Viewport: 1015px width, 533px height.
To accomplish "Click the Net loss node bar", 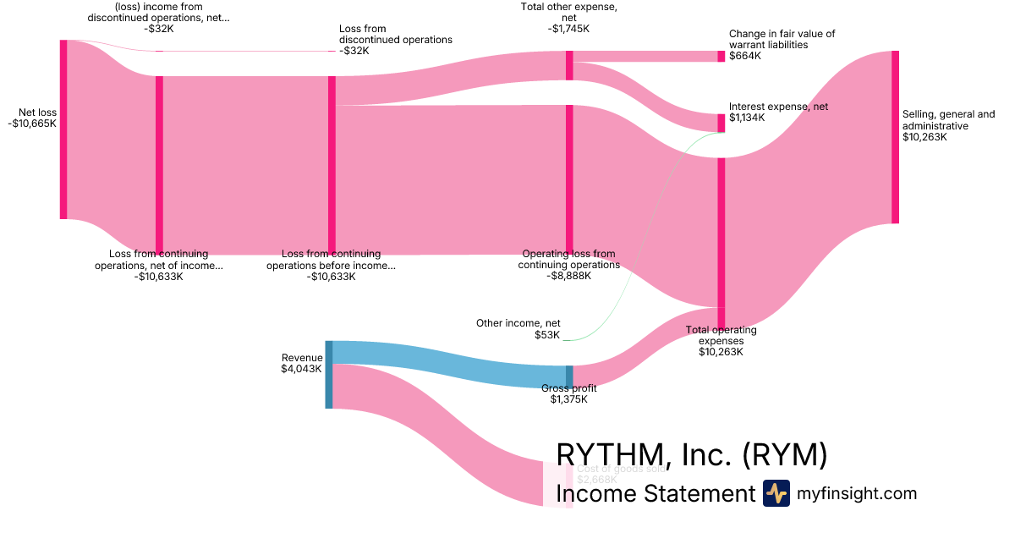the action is click(x=63, y=129).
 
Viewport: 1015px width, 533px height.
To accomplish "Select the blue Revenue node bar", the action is click(x=329, y=374).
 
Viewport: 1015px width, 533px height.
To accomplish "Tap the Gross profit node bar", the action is click(x=569, y=376).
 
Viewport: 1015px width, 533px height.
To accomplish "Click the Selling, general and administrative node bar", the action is click(x=895, y=137).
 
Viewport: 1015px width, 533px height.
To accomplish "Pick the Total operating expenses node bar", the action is click(x=721, y=232).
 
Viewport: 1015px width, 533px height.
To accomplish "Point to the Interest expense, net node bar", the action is click(x=721, y=123).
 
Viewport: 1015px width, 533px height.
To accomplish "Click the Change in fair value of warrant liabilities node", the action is click(x=721, y=57).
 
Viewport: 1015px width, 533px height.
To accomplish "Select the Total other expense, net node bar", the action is click(x=569, y=65).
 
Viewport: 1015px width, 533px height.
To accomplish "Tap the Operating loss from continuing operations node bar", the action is click(x=569, y=179).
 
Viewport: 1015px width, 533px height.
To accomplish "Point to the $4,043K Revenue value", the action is click(x=302, y=369).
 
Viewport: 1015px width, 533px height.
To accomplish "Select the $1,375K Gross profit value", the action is click(x=568, y=399).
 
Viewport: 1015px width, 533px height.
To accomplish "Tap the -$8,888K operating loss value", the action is click(x=568, y=276).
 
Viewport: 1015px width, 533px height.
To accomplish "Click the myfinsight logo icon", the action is click(x=776, y=493).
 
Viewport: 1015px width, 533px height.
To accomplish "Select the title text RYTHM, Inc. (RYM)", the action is click(x=691, y=455).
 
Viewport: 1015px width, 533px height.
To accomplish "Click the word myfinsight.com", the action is click(x=856, y=493).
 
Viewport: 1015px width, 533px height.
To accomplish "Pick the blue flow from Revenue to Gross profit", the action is click(x=448, y=364).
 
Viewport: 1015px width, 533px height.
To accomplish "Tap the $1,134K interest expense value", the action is click(x=747, y=118).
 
